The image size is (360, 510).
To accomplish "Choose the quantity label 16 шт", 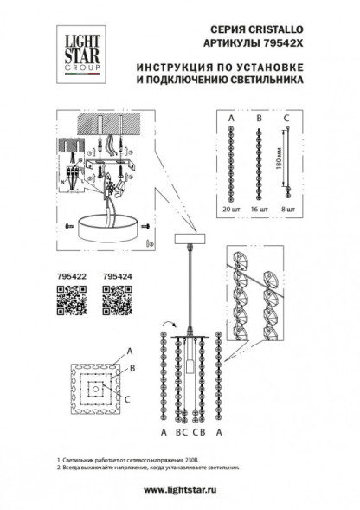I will coord(259,210).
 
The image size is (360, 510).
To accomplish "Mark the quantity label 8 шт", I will coord(289,210).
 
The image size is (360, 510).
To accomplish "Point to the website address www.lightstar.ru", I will coord(180,489).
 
